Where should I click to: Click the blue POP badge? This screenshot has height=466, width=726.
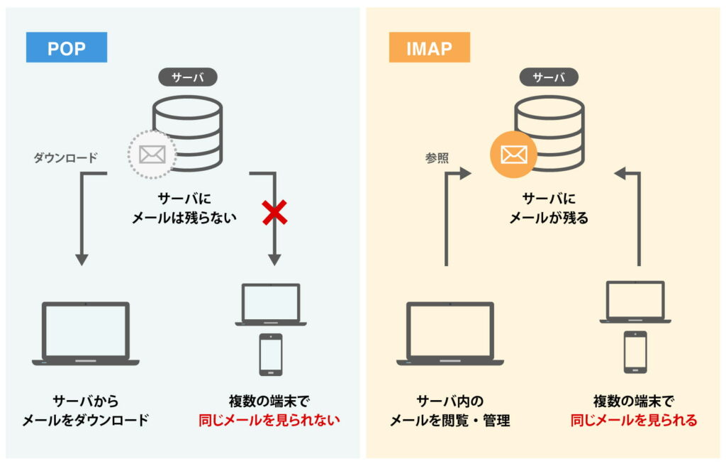click(x=67, y=48)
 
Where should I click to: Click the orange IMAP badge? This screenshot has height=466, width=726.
click(x=429, y=48)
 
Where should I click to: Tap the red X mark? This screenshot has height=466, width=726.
click(x=274, y=212)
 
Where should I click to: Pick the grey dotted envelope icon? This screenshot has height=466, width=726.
click(x=152, y=154)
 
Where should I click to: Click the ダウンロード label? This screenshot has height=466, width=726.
click(x=65, y=158)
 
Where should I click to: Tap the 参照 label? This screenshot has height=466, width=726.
click(x=437, y=158)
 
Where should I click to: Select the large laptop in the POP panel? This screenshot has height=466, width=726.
click(x=86, y=333)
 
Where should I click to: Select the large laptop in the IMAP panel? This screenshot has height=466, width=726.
click(x=449, y=333)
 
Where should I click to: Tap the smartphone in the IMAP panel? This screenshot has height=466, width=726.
click(x=635, y=352)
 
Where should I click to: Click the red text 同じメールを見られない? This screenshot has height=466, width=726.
click(x=269, y=420)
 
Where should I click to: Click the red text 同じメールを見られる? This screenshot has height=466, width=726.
click(x=634, y=420)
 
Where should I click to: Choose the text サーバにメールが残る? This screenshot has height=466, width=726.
click(x=549, y=209)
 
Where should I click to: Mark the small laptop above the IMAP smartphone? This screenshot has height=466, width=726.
click(x=635, y=302)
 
